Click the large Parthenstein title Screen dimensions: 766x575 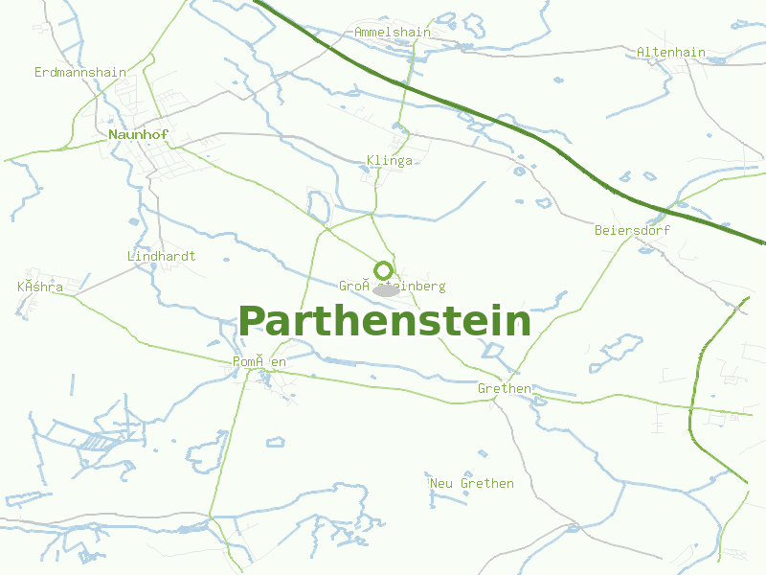point(384,321)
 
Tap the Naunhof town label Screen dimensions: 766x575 point(138,134)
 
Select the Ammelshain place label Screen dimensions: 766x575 point(393,32)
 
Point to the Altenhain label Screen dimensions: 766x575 point(670,52)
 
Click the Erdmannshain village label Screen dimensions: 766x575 point(80,72)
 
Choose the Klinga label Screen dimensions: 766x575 point(390,160)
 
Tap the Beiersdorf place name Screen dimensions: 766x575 point(632,230)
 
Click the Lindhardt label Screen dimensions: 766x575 point(161,256)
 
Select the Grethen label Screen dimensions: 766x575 point(505,388)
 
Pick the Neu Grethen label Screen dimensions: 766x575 point(472,483)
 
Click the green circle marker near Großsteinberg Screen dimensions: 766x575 point(383,270)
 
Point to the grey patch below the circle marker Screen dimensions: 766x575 point(388,289)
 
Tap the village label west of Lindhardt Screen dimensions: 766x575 point(40,287)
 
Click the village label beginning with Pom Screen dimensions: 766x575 point(259,361)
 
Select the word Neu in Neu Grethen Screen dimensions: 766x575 point(441,483)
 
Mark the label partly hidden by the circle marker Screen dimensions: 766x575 point(393,286)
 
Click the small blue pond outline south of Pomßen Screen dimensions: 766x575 point(276,442)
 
